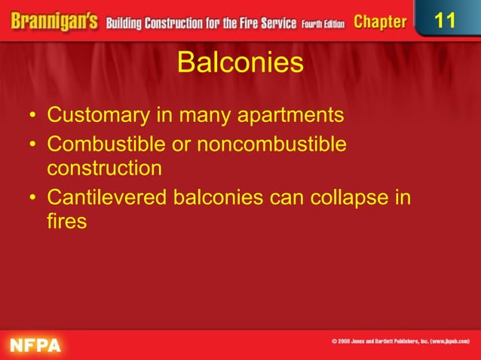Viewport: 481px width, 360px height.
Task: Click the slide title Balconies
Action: pos(240,63)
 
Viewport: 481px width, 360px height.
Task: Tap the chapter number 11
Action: pos(446,20)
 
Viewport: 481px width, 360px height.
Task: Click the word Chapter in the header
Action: pos(380,22)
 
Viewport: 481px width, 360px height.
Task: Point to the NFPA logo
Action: pos(35,346)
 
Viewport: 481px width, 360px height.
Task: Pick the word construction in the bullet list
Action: pos(104,168)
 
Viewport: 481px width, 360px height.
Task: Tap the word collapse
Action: pos(354,198)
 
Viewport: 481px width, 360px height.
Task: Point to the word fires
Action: pos(66,222)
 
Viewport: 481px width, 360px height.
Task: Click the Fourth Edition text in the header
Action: pos(323,23)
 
